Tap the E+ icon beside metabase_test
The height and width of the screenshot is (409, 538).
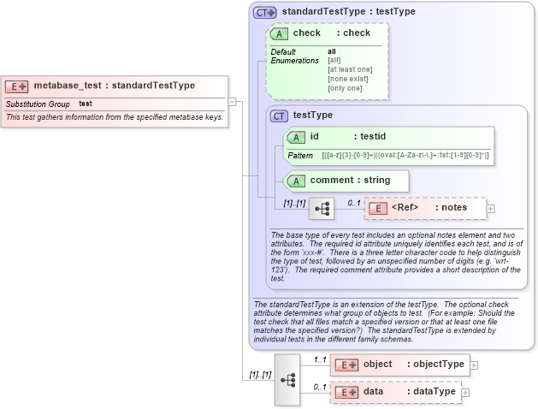[18, 86]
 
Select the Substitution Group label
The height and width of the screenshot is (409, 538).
[38, 104]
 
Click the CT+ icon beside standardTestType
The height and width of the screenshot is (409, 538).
[265, 12]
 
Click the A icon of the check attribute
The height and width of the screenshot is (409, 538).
[279, 33]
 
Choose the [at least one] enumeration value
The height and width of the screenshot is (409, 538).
[350, 69]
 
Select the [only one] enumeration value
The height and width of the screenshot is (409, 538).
[345, 88]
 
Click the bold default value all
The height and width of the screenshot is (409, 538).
[332, 51]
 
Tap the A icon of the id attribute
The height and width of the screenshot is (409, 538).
[297, 137]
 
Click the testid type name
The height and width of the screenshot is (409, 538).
[373, 136]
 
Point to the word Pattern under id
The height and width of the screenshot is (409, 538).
[300, 155]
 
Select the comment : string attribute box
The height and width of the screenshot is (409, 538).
[346, 181]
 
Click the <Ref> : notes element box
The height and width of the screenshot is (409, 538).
[424, 208]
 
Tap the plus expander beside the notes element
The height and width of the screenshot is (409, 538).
[491, 208]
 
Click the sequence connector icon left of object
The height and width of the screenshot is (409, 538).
[287, 378]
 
